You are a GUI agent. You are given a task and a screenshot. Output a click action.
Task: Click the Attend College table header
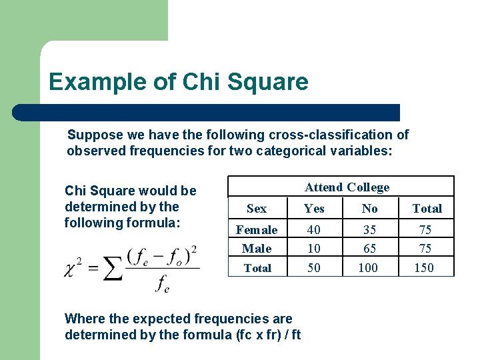point(347,187)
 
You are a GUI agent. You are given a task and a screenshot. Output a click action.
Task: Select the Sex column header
point(257,209)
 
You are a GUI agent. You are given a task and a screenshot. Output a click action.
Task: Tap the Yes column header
point(314,209)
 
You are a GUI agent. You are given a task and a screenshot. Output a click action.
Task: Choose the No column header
point(369,209)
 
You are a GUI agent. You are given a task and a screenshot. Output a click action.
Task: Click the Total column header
point(427,209)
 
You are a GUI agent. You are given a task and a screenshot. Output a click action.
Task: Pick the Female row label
point(257,230)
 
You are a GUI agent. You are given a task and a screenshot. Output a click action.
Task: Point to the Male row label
point(257,249)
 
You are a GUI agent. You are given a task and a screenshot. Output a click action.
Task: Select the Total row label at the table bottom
point(257,268)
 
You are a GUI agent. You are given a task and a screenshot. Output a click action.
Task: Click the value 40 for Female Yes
point(313,230)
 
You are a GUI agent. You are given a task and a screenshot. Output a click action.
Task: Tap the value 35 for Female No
point(369,230)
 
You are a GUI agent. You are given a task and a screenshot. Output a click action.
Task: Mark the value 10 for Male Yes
point(313,249)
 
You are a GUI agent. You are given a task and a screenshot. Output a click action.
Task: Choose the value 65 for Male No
point(369,249)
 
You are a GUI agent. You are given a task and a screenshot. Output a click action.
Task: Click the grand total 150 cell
point(424,268)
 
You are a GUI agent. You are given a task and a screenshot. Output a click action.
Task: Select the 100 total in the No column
point(367,268)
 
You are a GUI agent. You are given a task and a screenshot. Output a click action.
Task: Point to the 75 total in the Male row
point(425,249)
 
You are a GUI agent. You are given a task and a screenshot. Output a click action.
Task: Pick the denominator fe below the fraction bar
point(163,284)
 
